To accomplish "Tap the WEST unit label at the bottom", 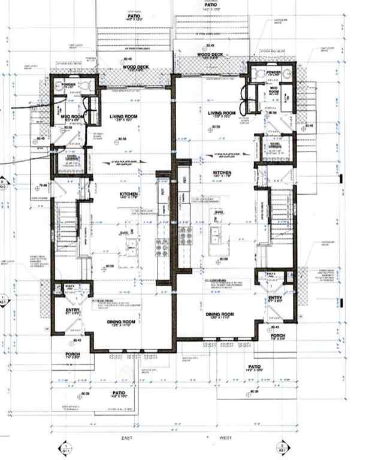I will point(225,439).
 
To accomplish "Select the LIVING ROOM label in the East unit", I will point(124,116).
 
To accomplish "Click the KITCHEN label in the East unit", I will point(129,194).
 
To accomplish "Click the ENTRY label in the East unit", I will point(72,310).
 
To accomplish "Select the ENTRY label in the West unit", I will point(275,298).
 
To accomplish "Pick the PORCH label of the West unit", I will point(277,336).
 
